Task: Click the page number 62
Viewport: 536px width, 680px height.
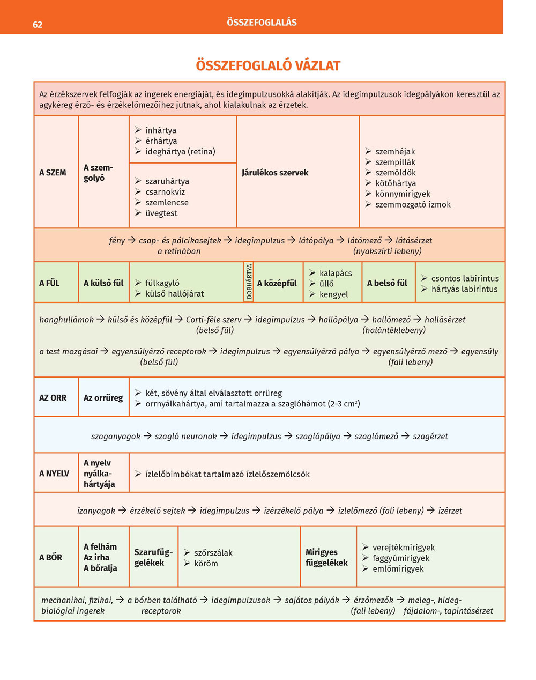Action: click(x=38, y=25)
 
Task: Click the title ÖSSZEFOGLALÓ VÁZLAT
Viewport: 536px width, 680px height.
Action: click(x=268, y=66)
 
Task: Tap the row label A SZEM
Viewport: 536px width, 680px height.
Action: click(x=53, y=173)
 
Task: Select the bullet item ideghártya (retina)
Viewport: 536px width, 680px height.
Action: click(x=180, y=152)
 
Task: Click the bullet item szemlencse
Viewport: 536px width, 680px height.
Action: click(x=167, y=203)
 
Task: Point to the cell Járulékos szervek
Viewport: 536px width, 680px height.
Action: click(x=275, y=173)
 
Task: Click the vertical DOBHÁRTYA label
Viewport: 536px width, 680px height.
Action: click(x=249, y=282)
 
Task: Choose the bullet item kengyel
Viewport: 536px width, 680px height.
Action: click(x=334, y=294)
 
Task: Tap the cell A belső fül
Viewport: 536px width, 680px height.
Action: click(x=387, y=283)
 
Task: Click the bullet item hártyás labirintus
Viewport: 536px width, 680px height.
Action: click(x=464, y=289)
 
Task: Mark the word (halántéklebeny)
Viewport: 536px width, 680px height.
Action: click(x=394, y=330)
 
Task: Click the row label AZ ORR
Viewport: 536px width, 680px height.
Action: click(x=53, y=398)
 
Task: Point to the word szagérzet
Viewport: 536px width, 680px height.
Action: click(x=430, y=437)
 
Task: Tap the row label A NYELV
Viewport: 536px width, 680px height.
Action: click(x=54, y=474)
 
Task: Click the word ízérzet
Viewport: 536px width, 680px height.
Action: click(x=450, y=511)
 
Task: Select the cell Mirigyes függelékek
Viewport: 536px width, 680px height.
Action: click(x=326, y=558)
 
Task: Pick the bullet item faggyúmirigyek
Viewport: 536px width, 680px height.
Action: click(x=401, y=558)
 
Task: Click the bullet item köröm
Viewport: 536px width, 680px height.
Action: click(x=206, y=564)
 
